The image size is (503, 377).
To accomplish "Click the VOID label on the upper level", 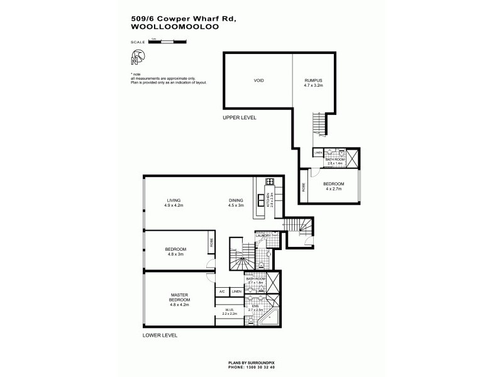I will pyautogui.click(x=258, y=81).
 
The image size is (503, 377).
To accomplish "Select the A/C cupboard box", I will pyautogui.click(x=222, y=292).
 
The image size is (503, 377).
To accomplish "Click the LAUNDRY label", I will pyautogui.click(x=263, y=236).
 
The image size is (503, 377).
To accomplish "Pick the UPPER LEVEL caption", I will pyautogui.click(x=240, y=117).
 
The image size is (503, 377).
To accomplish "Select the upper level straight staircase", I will pyautogui.click(x=320, y=124).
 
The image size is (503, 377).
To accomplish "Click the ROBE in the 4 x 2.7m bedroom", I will pyautogui.click(x=305, y=187).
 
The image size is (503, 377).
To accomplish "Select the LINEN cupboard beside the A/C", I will pyautogui.click(x=236, y=292).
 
